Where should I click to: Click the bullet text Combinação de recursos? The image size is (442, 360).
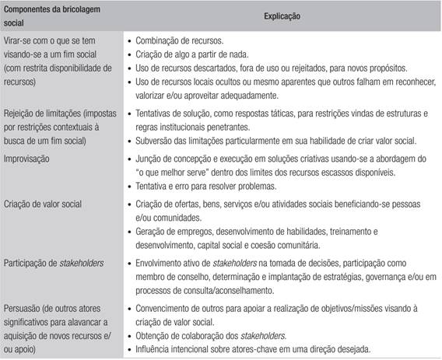(181, 38)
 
